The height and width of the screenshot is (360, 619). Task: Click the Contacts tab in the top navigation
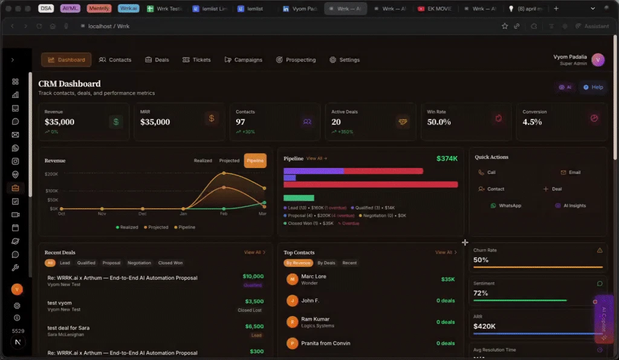coord(115,60)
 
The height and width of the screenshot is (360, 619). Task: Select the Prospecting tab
coord(296,60)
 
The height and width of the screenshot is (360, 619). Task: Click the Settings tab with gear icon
coord(345,60)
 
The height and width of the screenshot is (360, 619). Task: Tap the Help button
coord(593,87)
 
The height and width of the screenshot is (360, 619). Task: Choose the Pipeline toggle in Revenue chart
coord(255,161)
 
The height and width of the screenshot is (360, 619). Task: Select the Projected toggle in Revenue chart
coord(229,161)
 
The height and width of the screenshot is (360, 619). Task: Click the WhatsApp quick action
coord(505,205)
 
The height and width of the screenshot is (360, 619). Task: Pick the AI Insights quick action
coord(571,205)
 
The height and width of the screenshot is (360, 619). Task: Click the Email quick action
coord(571,172)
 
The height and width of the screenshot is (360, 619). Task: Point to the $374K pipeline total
coord(447,158)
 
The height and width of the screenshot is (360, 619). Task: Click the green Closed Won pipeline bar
coord(299,198)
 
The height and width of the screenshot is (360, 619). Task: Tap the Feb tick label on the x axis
coord(223,214)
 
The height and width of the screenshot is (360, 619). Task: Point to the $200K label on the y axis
coord(51,173)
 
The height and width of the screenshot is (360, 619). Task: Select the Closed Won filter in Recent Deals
coord(170,263)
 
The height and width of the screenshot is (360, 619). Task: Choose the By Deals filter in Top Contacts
coord(326,263)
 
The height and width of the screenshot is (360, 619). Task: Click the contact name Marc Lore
coord(313,276)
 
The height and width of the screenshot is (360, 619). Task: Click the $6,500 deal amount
coord(254,326)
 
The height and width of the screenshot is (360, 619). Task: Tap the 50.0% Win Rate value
coord(439,122)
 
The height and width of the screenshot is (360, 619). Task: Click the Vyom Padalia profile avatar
coord(598,59)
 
